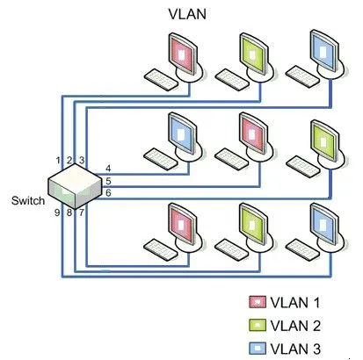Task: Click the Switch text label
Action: (x=28, y=201)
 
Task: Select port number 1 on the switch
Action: (x=58, y=161)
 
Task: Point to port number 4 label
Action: (x=107, y=168)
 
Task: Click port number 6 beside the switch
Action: (x=107, y=192)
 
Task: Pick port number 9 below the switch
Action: (x=58, y=212)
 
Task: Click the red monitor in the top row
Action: (x=182, y=54)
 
